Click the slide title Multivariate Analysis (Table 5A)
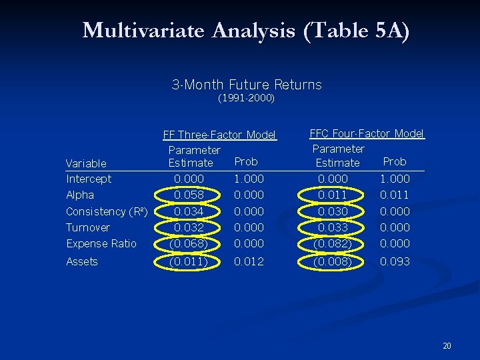(x=246, y=31)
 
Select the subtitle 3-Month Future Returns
(x=247, y=85)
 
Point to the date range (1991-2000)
(x=247, y=99)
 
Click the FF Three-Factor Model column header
(x=219, y=135)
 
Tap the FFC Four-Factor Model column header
(x=367, y=133)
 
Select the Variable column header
(x=86, y=163)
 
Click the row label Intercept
(x=89, y=179)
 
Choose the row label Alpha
(x=80, y=195)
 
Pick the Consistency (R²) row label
(x=107, y=211)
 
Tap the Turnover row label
(x=88, y=227)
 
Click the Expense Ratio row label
(x=101, y=243)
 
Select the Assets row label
(x=82, y=261)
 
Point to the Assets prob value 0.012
(x=249, y=261)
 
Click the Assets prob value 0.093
(x=395, y=261)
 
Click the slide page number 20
(x=447, y=346)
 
